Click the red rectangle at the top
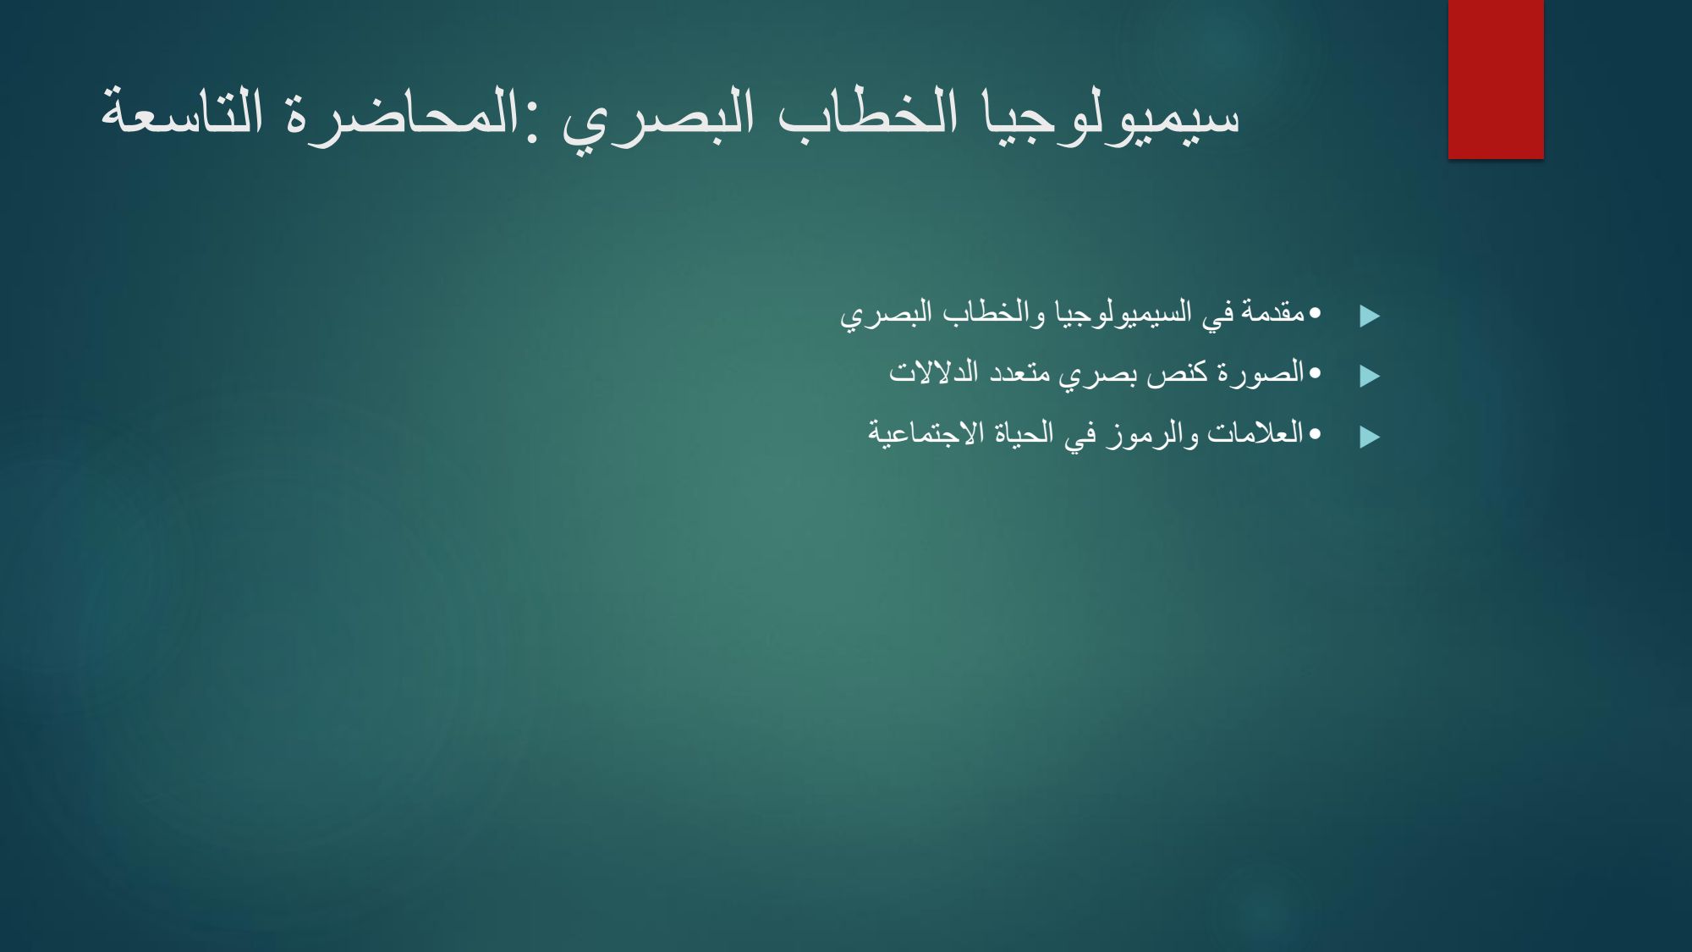tap(1496, 79)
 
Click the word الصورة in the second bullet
tap(1260, 373)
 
